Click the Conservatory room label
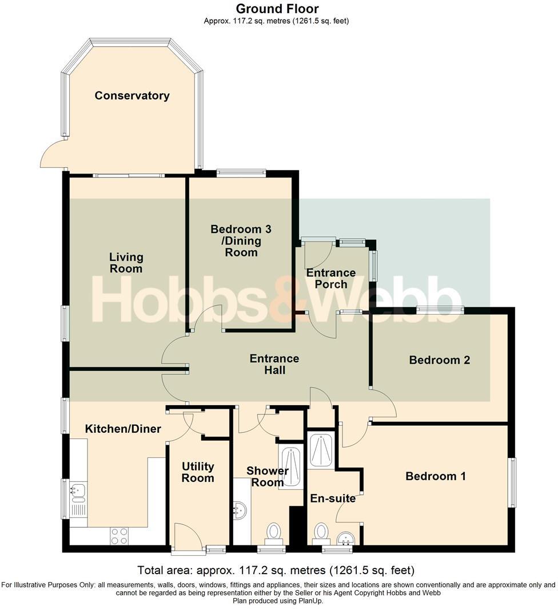point(132,96)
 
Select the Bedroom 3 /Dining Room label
point(241,240)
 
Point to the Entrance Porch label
point(331,278)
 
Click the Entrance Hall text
point(274,364)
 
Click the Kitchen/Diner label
point(123,429)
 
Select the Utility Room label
point(198,472)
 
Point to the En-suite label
point(333,499)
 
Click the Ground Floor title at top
point(277,9)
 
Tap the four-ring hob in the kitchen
point(119,536)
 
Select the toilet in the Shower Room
point(274,532)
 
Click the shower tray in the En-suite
point(321,450)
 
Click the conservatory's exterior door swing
point(53,153)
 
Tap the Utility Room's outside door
point(187,538)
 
